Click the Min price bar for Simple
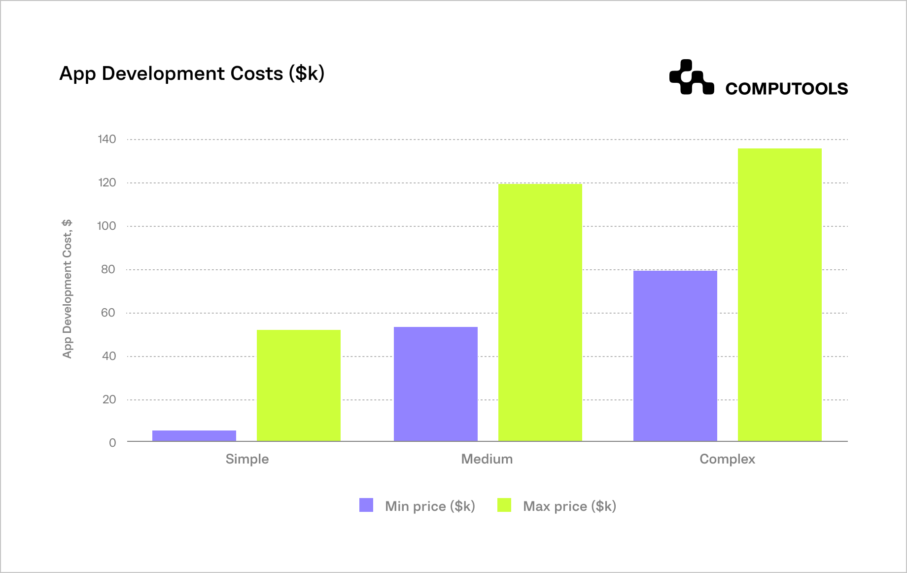point(194,435)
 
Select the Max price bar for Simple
point(299,385)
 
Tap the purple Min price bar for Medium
point(436,384)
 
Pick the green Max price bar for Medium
point(540,312)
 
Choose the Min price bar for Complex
point(675,356)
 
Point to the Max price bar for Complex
point(780,294)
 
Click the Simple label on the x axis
point(247,459)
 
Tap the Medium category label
point(487,459)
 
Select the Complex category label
point(727,459)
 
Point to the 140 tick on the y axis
point(107,139)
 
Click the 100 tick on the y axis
point(107,226)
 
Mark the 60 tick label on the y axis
point(108,313)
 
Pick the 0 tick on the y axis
point(112,443)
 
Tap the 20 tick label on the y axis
point(109,399)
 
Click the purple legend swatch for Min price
point(366,505)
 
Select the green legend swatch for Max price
point(504,505)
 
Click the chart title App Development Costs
point(192,73)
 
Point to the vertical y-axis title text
point(67,289)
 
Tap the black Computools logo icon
point(691,77)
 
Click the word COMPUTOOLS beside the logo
point(786,89)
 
